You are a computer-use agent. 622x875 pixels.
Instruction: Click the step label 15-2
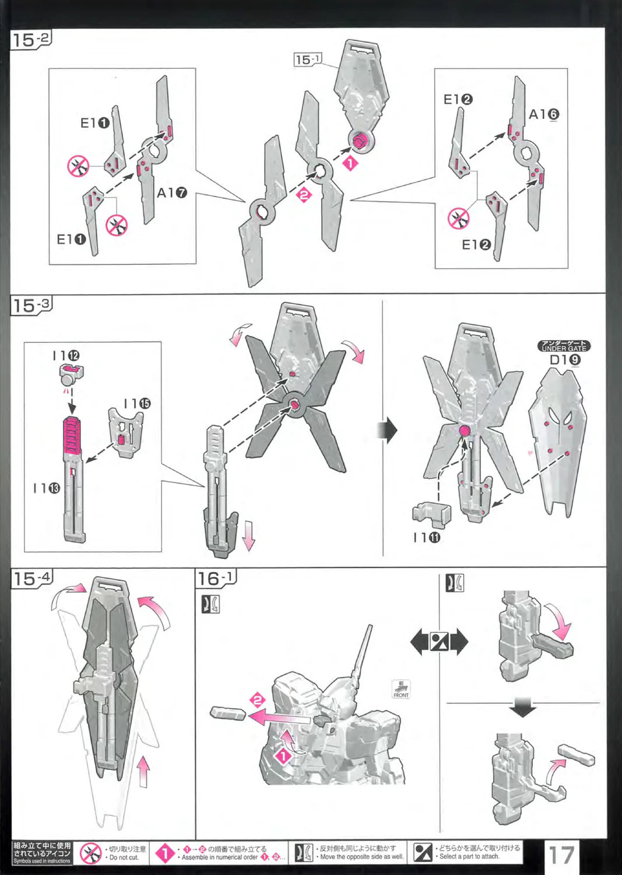click(31, 40)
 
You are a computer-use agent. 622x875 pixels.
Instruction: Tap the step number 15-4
click(32, 579)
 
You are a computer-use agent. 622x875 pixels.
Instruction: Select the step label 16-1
click(215, 578)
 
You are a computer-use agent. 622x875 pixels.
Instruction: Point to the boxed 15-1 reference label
click(308, 59)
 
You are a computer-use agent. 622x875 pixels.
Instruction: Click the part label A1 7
click(171, 192)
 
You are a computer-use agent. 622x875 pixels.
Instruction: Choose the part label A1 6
click(544, 114)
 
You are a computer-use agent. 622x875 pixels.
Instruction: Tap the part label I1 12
click(66, 356)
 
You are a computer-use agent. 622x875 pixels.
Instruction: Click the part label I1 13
click(47, 488)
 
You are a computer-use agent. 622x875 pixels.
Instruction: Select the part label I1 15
click(137, 404)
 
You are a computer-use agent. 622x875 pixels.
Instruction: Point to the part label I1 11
click(427, 537)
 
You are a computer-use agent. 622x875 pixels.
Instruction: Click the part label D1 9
click(565, 359)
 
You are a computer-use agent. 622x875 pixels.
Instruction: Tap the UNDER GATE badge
click(564, 346)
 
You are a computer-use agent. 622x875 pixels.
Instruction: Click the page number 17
click(561, 855)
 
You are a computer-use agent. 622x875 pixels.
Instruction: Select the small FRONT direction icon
click(401, 689)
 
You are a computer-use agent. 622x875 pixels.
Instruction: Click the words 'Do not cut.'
click(125, 857)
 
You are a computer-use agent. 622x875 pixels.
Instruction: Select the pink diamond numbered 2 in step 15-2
click(304, 195)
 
